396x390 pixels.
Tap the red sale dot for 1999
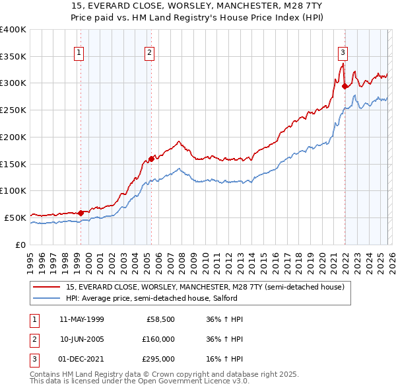(81, 213)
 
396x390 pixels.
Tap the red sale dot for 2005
(151, 159)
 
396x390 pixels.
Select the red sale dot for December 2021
(345, 85)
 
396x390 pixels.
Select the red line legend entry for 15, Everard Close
(205, 287)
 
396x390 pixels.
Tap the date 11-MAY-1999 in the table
(81, 319)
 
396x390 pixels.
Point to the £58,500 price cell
(159, 319)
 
